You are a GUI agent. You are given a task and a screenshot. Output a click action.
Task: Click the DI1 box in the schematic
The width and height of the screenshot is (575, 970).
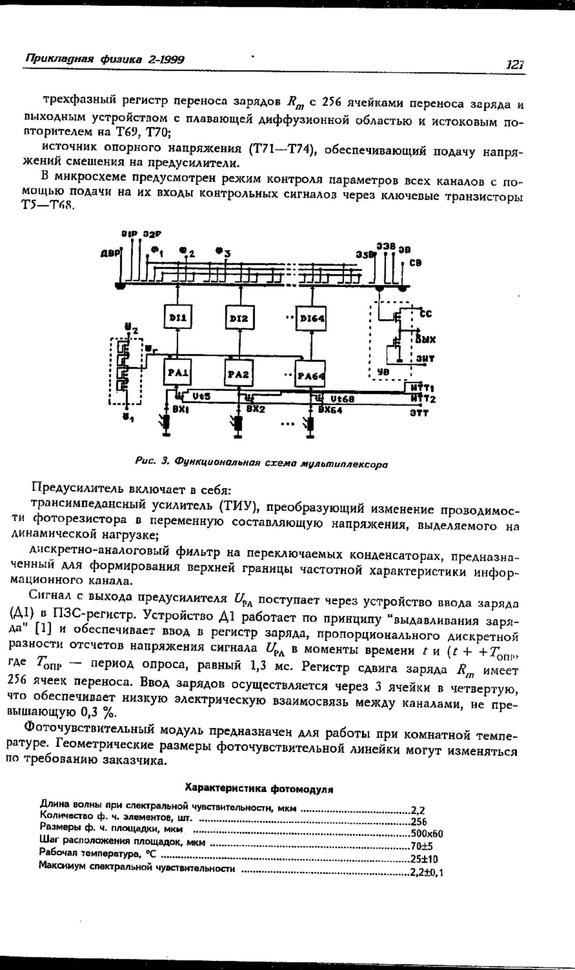[x=178, y=316]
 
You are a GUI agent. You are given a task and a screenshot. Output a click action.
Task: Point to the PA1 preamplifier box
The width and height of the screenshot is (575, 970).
[x=178, y=372]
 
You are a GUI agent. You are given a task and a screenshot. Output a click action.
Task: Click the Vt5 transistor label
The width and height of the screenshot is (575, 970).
[x=201, y=396]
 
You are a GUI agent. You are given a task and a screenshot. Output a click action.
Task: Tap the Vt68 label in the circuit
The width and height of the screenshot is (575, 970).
[x=342, y=399]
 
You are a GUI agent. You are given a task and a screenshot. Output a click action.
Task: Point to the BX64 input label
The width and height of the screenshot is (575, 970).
[x=329, y=410]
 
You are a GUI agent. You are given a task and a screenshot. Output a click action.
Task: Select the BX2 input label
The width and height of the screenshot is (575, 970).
[x=256, y=409]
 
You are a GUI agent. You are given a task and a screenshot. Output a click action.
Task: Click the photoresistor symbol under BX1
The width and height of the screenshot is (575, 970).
[x=166, y=423]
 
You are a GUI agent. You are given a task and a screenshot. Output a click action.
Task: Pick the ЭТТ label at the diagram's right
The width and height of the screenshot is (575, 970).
[x=419, y=412]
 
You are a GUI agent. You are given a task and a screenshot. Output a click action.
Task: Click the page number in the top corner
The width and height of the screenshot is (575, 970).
[x=515, y=64]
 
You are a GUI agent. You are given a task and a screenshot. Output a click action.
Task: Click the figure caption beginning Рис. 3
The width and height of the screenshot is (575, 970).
[x=261, y=462]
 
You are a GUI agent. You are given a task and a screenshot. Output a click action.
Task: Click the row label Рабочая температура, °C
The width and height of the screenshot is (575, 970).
[x=98, y=853]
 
